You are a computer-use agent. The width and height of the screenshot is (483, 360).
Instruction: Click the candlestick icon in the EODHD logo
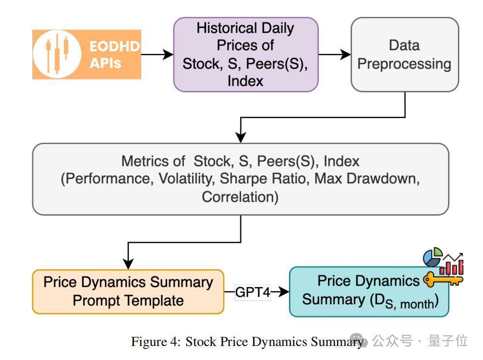57,54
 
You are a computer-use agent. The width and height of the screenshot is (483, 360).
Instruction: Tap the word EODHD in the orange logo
115,46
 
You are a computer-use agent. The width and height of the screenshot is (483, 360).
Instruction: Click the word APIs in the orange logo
106,63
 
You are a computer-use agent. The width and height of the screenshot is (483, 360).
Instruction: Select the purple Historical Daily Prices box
246,55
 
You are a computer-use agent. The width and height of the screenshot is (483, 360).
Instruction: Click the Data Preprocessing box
405,55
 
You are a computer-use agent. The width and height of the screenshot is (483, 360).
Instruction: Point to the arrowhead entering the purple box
168,55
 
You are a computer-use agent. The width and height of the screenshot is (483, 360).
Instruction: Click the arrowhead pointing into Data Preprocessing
346,55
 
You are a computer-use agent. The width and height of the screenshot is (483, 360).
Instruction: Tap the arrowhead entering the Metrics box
241,137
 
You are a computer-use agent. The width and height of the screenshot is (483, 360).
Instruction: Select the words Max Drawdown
366,179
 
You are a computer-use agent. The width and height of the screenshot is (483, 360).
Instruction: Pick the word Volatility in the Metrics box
187,179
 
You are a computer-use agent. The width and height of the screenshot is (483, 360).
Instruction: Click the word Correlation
240,197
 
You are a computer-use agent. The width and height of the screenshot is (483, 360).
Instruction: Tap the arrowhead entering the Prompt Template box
128,264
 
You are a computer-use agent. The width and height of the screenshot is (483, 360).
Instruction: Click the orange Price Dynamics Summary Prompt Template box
128,292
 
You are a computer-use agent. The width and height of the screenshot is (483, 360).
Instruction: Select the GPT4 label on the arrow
253,292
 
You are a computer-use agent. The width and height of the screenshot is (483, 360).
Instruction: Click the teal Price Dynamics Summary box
369,292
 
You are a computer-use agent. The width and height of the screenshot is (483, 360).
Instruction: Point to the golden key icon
443,279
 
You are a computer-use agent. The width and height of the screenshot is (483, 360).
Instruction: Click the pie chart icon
433,257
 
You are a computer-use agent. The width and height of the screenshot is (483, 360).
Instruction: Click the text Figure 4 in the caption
156,342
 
